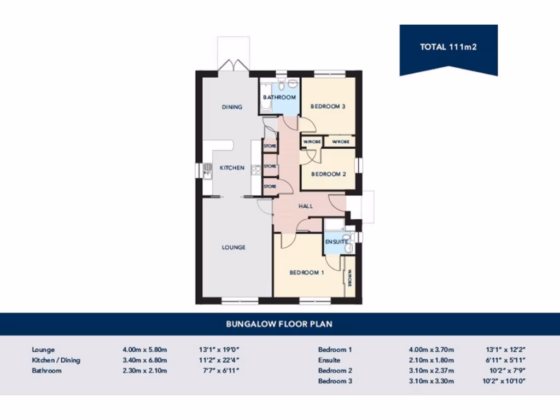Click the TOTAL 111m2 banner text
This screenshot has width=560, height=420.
point(448,47)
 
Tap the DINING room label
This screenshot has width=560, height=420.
point(232,107)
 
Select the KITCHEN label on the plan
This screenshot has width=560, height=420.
point(232,168)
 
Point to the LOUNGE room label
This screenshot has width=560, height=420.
point(234,247)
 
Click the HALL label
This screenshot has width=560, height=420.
point(305,206)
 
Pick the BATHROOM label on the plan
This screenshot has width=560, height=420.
point(279,97)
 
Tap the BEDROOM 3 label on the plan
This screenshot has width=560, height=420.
point(328,107)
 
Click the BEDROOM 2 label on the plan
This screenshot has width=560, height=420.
point(328,174)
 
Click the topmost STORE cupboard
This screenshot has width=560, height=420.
point(270,147)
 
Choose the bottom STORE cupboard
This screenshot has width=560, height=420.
point(270,187)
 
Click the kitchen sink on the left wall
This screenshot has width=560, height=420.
point(207,171)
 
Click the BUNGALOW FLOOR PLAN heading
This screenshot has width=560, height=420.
point(279,324)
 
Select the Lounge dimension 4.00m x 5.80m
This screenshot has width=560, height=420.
point(144,349)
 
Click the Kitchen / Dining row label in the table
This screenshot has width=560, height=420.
point(56,360)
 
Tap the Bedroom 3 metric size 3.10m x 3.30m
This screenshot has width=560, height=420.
point(431,381)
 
